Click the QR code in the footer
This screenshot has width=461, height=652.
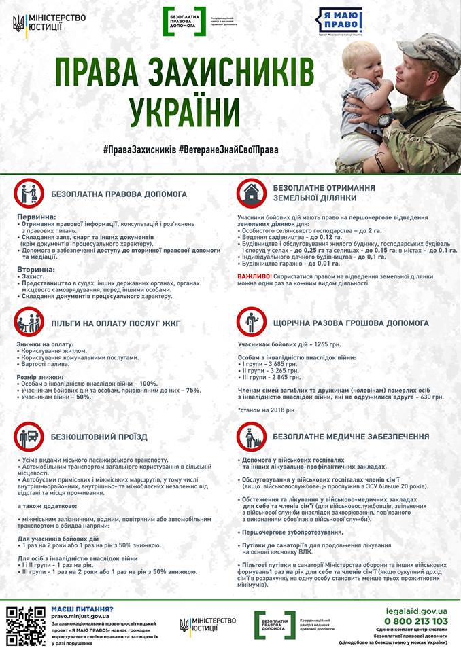coord(26,624)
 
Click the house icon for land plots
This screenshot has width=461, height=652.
coord(251,193)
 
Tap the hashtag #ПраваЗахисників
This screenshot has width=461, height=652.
coord(140,149)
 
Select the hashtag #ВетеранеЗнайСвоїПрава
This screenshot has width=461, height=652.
coord(230,149)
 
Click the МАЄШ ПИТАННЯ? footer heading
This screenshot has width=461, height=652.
coord(82,610)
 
